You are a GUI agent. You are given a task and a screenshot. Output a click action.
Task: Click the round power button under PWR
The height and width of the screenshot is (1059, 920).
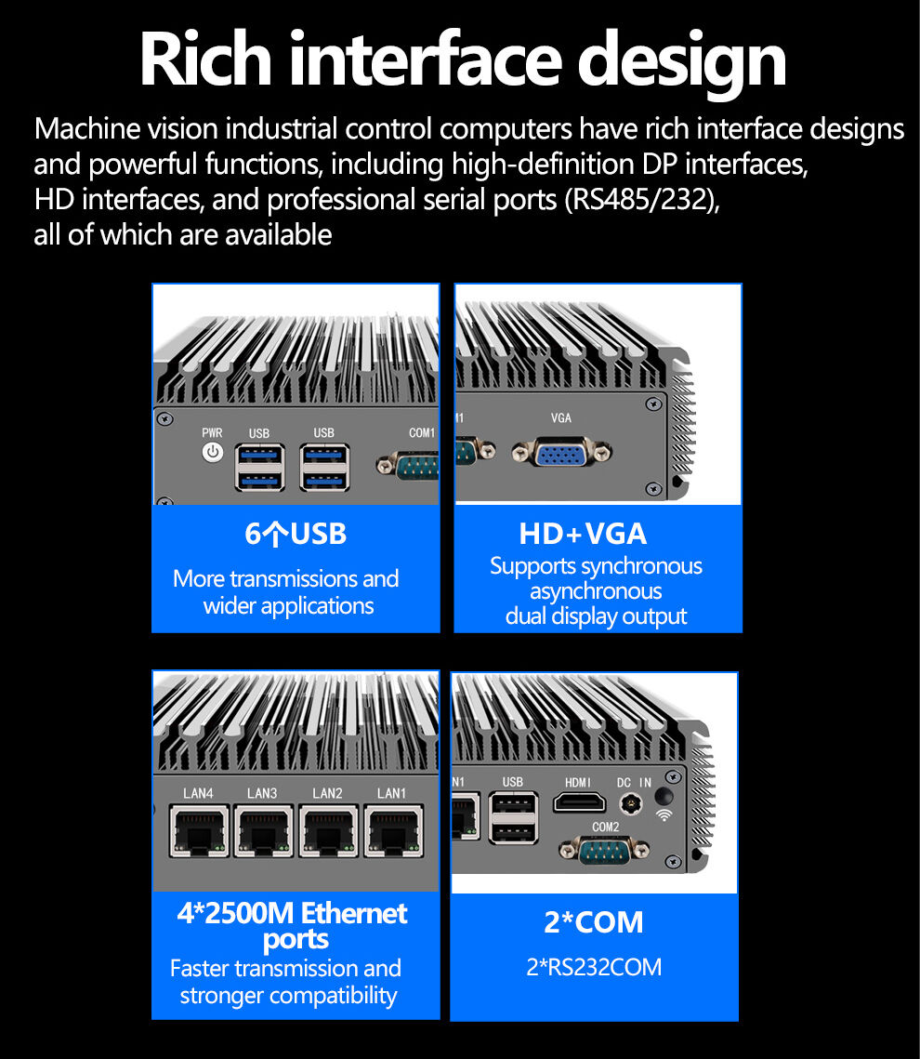213,452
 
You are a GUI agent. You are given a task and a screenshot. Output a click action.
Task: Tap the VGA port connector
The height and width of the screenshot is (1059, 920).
561,452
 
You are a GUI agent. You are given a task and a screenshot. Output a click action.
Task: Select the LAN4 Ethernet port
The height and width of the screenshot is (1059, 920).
199,830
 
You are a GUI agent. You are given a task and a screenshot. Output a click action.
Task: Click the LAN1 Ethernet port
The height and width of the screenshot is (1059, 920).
394,830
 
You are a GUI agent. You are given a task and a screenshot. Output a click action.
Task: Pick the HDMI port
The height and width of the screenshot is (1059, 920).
579,802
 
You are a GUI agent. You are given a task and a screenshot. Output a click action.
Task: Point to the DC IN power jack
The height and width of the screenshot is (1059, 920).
630,803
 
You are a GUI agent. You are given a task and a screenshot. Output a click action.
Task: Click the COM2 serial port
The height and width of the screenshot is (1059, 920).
605,851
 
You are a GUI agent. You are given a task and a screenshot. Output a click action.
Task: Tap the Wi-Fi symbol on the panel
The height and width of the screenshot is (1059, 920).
664,815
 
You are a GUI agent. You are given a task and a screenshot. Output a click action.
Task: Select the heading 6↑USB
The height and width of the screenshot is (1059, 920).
296,534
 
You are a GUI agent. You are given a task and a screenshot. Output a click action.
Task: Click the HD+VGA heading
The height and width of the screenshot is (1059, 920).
583,534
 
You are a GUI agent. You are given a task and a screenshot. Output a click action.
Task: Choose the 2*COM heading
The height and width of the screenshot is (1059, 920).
594,922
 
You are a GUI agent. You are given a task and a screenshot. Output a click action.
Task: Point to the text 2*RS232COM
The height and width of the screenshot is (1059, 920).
594,967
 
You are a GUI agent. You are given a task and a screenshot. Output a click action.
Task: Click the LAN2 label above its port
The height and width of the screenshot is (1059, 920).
327,793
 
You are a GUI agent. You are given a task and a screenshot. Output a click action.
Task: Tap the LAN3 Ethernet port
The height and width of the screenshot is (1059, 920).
264,830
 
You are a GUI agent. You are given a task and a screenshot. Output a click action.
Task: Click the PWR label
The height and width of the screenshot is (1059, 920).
212,432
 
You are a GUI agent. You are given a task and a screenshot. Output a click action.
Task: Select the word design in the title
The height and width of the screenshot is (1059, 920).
682,64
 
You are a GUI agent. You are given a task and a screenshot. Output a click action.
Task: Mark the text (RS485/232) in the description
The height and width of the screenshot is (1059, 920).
642,199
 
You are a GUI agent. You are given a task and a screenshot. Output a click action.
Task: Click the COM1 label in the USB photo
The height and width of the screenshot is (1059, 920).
422,432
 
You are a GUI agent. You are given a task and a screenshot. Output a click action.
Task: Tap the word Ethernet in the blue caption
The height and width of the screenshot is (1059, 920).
354,913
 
